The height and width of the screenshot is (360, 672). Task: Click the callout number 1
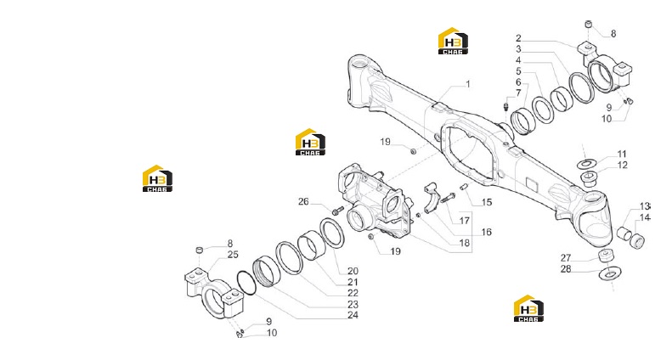coord(467,84)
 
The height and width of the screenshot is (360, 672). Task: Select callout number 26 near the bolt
coord(303,201)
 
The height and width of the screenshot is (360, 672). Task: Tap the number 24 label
coord(353,315)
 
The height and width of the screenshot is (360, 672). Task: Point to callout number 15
coord(487,202)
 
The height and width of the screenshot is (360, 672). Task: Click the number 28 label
coord(566,269)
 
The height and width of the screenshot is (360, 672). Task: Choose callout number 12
coord(622,165)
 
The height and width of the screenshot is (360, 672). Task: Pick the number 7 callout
coord(518,93)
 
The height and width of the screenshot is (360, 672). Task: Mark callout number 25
coord(233,255)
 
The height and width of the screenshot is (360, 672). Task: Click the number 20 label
coord(353,271)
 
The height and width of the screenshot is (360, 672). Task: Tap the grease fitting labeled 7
coord(506,104)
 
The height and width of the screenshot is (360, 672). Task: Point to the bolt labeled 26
coord(338,211)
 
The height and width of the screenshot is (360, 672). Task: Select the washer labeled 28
coord(609,273)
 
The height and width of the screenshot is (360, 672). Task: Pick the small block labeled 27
coord(606,256)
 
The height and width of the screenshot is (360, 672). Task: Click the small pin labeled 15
coord(463,187)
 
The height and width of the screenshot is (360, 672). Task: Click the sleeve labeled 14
coord(638,241)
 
